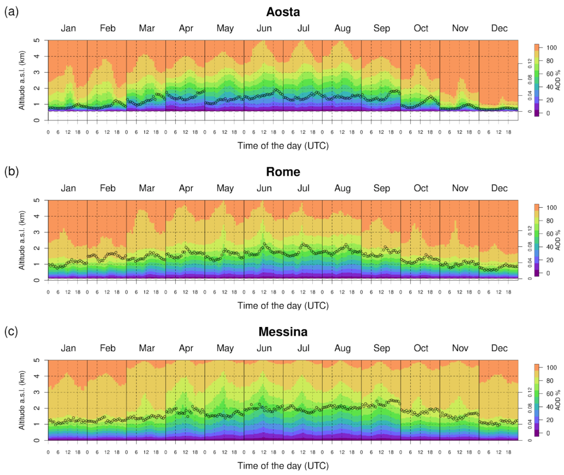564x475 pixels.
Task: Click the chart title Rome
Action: click(283, 172)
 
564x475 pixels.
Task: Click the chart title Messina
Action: click(283, 332)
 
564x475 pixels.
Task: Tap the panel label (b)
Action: click(11, 172)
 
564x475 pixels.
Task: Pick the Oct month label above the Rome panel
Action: click(421, 188)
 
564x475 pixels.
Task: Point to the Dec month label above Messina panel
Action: click(499, 348)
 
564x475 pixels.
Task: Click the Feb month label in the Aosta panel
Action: click(108, 28)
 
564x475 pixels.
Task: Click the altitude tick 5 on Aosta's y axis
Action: click(37, 40)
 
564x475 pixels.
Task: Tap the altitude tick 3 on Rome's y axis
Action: click(37, 232)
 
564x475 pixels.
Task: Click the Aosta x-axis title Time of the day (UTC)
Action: click(283, 146)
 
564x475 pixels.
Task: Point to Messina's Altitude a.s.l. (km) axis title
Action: click(22, 400)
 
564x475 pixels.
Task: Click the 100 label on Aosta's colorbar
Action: click(551, 48)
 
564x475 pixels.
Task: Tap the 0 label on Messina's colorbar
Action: click(548, 433)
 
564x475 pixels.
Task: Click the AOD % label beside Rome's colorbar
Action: click(558, 240)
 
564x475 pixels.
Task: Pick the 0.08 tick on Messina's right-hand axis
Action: click(530, 408)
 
